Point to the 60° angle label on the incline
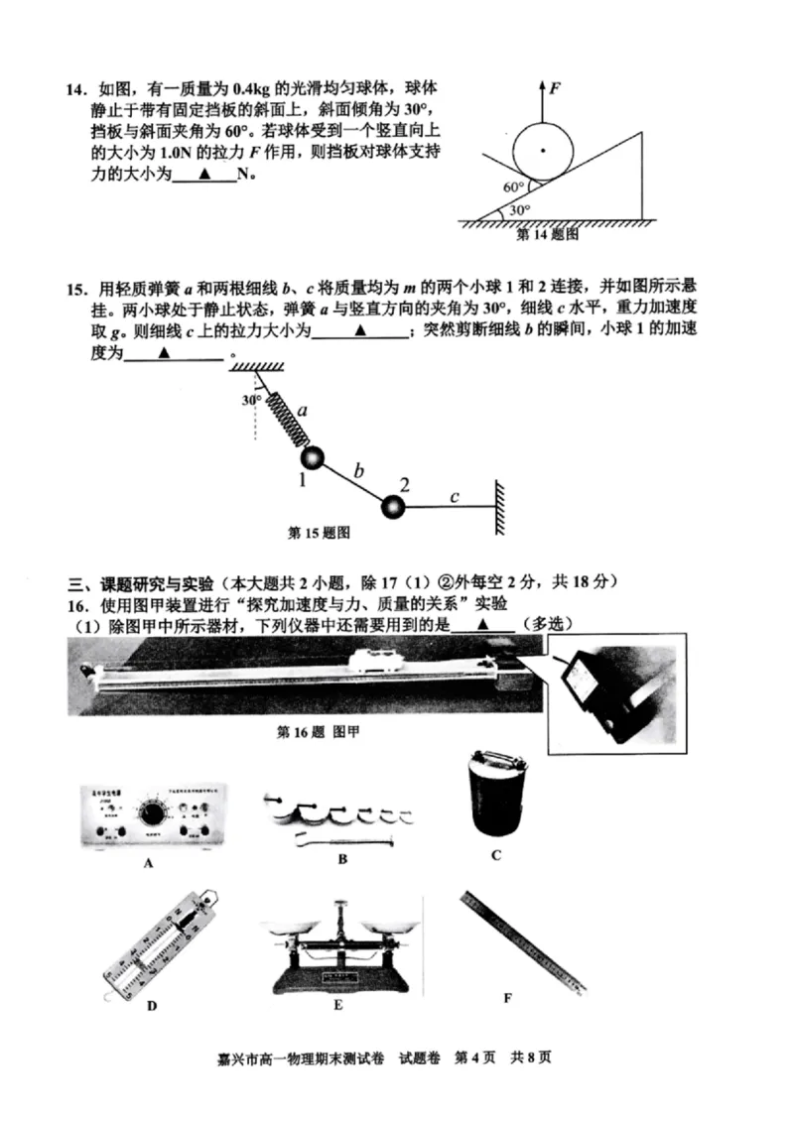coord(513,187)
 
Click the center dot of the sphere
coord(543,150)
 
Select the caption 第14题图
coord(547,236)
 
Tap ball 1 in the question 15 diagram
coord(313,457)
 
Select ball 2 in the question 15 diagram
coord(394,506)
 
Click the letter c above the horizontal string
coord(454,496)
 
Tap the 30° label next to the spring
coord(251,400)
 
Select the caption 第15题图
coord(319,532)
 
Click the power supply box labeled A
coord(153,814)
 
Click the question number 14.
coord(76,90)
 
